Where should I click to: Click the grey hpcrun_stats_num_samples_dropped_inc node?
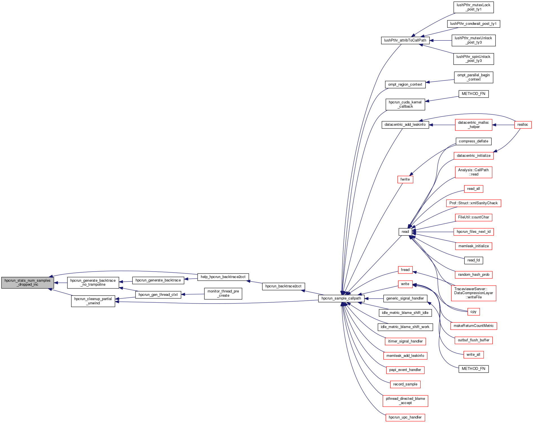[x=27, y=283]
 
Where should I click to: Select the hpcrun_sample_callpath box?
[x=341, y=298]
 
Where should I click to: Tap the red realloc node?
[x=523, y=125]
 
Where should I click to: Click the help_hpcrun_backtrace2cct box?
[x=223, y=277]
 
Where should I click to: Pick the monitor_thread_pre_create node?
[x=223, y=293]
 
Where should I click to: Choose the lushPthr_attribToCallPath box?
[x=405, y=40]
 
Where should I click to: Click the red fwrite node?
[x=405, y=179]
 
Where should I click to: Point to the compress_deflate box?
[x=473, y=141]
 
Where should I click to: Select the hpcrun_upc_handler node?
[x=405, y=417]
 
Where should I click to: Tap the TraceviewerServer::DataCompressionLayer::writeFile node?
[x=473, y=293]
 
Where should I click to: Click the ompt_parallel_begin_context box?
[x=473, y=77]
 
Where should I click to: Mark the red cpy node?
[x=473, y=312]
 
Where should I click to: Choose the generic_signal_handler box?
[x=405, y=298]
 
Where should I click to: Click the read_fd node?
[x=473, y=260]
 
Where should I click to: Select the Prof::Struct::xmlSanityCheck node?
[x=473, y=203]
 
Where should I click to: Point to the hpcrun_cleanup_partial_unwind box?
[x=93, y=301]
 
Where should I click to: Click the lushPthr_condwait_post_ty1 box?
[x=473, y=24]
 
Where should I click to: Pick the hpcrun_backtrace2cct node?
[x=283, y=286]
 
